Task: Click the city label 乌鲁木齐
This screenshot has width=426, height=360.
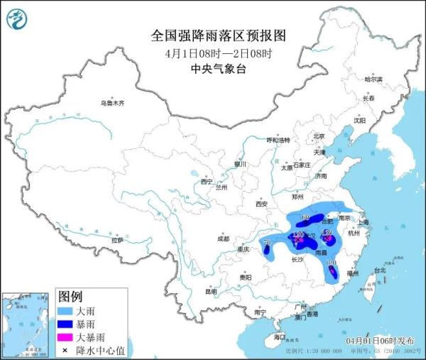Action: [x=111, y=104]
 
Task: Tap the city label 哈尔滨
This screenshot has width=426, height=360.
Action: [x=373, y=79]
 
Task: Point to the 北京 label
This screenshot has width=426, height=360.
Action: [x=319, y=136]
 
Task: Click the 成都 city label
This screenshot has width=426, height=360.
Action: [x=224, y=238]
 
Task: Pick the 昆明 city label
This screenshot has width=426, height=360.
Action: [x=211, y=291]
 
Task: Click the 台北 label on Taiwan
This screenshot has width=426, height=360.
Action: [x=378, y=270]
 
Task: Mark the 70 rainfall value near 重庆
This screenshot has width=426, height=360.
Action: [x=268, y=244]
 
